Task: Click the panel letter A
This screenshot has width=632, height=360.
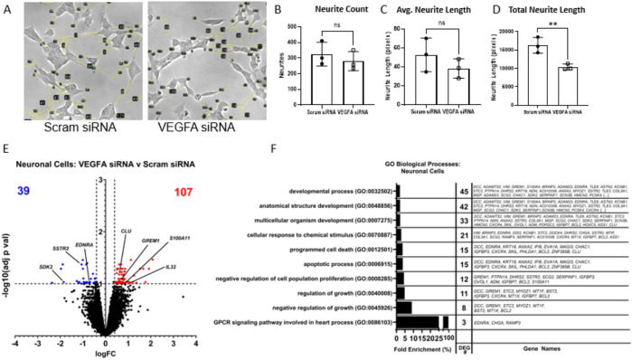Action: click(7, 9)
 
